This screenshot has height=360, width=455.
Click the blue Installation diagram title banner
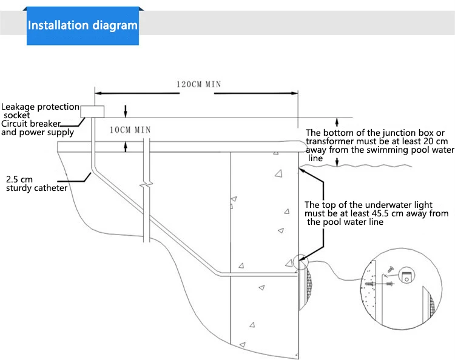(x=83, y=26)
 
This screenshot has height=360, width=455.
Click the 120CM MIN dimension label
(x=198, y=84)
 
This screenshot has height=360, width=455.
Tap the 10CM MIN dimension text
(x=130, y=130)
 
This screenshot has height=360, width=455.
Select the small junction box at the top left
(x=92, y=111)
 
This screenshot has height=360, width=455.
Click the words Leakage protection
(x=40, y=107)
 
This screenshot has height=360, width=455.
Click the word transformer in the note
(x=330, y=141)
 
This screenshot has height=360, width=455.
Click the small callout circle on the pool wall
(x=299, y=262)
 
